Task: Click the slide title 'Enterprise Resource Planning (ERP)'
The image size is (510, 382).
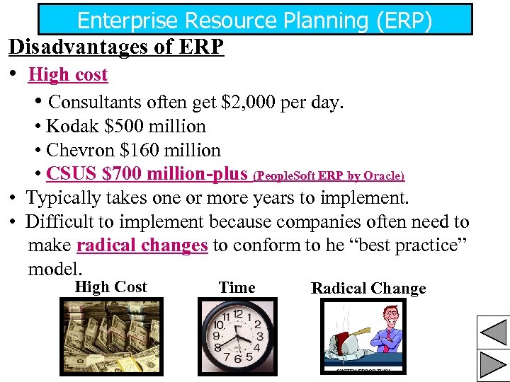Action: pos(254,20)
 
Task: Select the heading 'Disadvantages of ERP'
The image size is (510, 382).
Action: pos(116,47)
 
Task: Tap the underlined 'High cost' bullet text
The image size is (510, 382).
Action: pos(68,74)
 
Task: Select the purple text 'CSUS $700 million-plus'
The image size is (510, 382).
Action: pos(147,173)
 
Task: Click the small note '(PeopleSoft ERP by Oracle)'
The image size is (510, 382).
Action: pos(329,175)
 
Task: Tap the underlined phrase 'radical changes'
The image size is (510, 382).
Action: pos(142,245)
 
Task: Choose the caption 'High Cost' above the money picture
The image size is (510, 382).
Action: pos(111,286)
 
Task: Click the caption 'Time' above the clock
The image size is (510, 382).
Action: pos(237,287)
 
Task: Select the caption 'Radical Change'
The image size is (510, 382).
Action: pos(368,288)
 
